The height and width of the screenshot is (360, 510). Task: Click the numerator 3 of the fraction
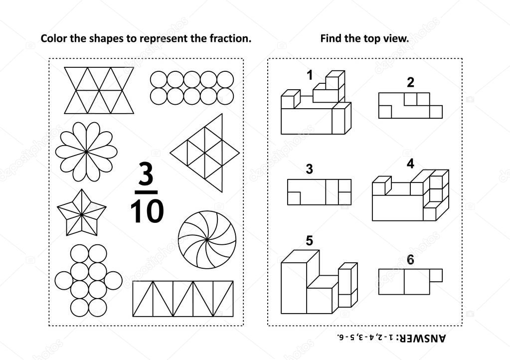(x=146, y=174)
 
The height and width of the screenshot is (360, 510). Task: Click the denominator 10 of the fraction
(x=147, y=211)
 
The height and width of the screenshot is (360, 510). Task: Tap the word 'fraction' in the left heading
(x=230, y=38)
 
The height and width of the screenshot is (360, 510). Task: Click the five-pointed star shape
(x=82, y=213)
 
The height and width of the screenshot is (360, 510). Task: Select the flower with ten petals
(x=86, y=152)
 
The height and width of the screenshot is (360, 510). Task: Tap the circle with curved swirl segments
(x=207, y=240)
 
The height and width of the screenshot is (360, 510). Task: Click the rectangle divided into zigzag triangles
(x=183, y=299)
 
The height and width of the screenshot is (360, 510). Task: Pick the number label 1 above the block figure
(x=310, y=75)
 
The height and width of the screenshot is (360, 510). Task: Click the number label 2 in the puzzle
(x=410, y=82)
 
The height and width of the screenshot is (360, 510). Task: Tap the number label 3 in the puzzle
(x=309, y=169)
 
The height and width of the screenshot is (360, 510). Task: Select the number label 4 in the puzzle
(x=410, y=164)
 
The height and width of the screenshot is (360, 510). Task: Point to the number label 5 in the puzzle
(x=309, y=241)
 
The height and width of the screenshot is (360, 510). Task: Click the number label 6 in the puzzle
(x=410, y=259)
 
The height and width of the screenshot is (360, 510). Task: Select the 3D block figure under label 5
(x=319, y=282)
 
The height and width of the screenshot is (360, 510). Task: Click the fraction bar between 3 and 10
(x=146, y=192)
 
